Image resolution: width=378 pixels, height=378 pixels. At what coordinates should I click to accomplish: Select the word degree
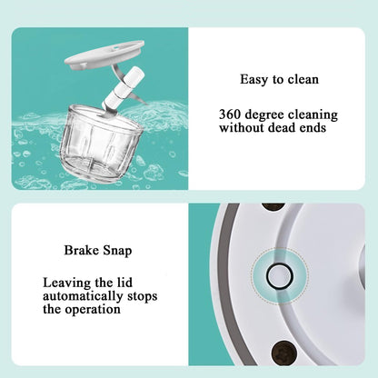pos(270,115)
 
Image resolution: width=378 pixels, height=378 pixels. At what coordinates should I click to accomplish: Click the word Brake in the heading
pos(82,249)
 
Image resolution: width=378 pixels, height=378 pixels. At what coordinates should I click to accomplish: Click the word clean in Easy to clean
pos(302,80)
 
